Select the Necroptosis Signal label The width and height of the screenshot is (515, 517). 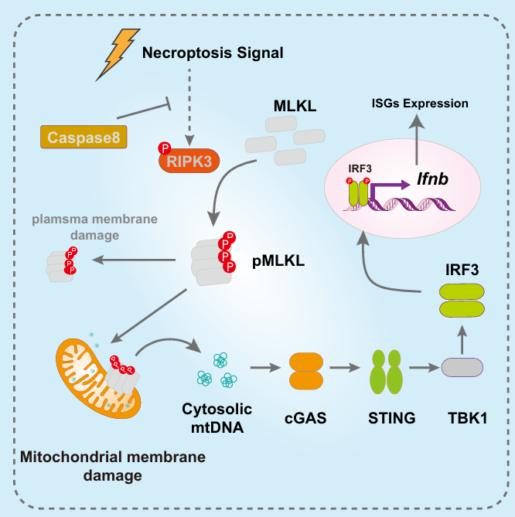[x=213, y=54]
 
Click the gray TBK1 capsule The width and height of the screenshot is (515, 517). [x=462, y=369]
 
